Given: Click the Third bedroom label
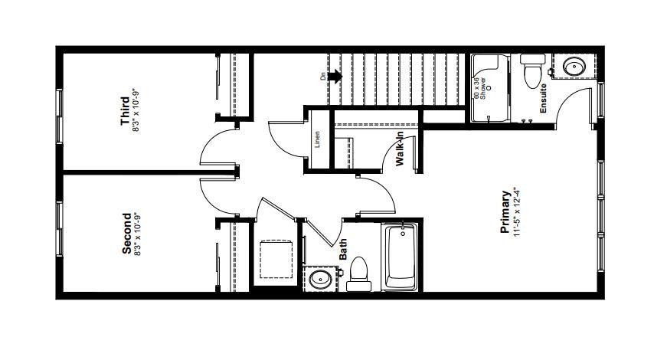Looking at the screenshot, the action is [x=125, y=111].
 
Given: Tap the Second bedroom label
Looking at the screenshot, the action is [x=126, y=234].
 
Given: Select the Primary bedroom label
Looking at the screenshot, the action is [x=505, y=212].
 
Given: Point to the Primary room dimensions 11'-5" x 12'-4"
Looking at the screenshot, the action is [x=517, y=212].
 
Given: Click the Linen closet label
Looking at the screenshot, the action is [x=317, y=139].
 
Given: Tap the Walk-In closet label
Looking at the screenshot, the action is [x=400, y=149].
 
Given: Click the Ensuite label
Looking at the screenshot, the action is [x=543, y=99].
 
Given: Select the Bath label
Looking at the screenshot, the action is [x=343, y=249].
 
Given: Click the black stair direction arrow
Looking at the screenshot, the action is [x=335, y=77].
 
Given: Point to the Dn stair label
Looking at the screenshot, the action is [x=322, y=77].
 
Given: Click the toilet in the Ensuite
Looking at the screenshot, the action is [x=533, y=71].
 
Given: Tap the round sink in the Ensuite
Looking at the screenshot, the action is [x=574, y=66].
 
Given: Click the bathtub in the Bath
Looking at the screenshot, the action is [x=401, y=256].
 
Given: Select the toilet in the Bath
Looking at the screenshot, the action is [x=358, y=274].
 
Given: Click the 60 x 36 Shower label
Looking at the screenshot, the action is [x=479, y=88].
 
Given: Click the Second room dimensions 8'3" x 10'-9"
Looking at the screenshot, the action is [x=137, y=234].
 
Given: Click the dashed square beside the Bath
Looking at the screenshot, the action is [x=276, y=259].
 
